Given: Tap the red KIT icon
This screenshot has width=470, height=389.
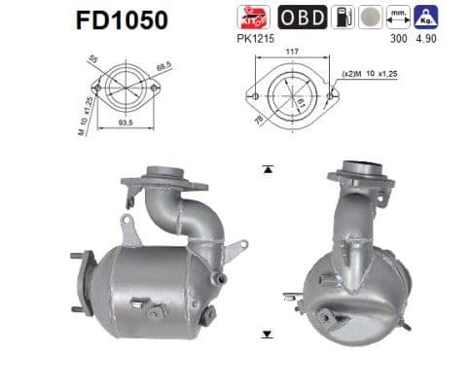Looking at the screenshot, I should click(253, 17).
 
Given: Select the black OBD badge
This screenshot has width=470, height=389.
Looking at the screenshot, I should click(302, 17).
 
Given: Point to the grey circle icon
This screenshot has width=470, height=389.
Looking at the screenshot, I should click(368, 17).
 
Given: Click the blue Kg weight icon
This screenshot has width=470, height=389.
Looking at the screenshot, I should click(423, 17).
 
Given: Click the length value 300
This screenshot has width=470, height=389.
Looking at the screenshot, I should click(394, 43).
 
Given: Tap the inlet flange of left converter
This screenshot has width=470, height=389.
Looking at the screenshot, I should click(160, 178).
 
